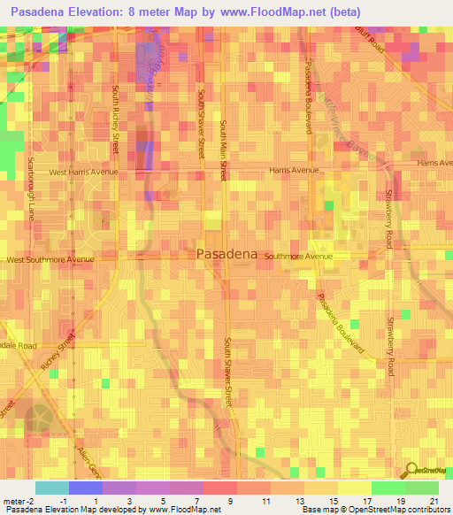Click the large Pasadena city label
226,254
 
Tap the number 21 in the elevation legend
434,500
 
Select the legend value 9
231,500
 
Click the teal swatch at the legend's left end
52,488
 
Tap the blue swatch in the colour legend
86,488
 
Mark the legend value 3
131,500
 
